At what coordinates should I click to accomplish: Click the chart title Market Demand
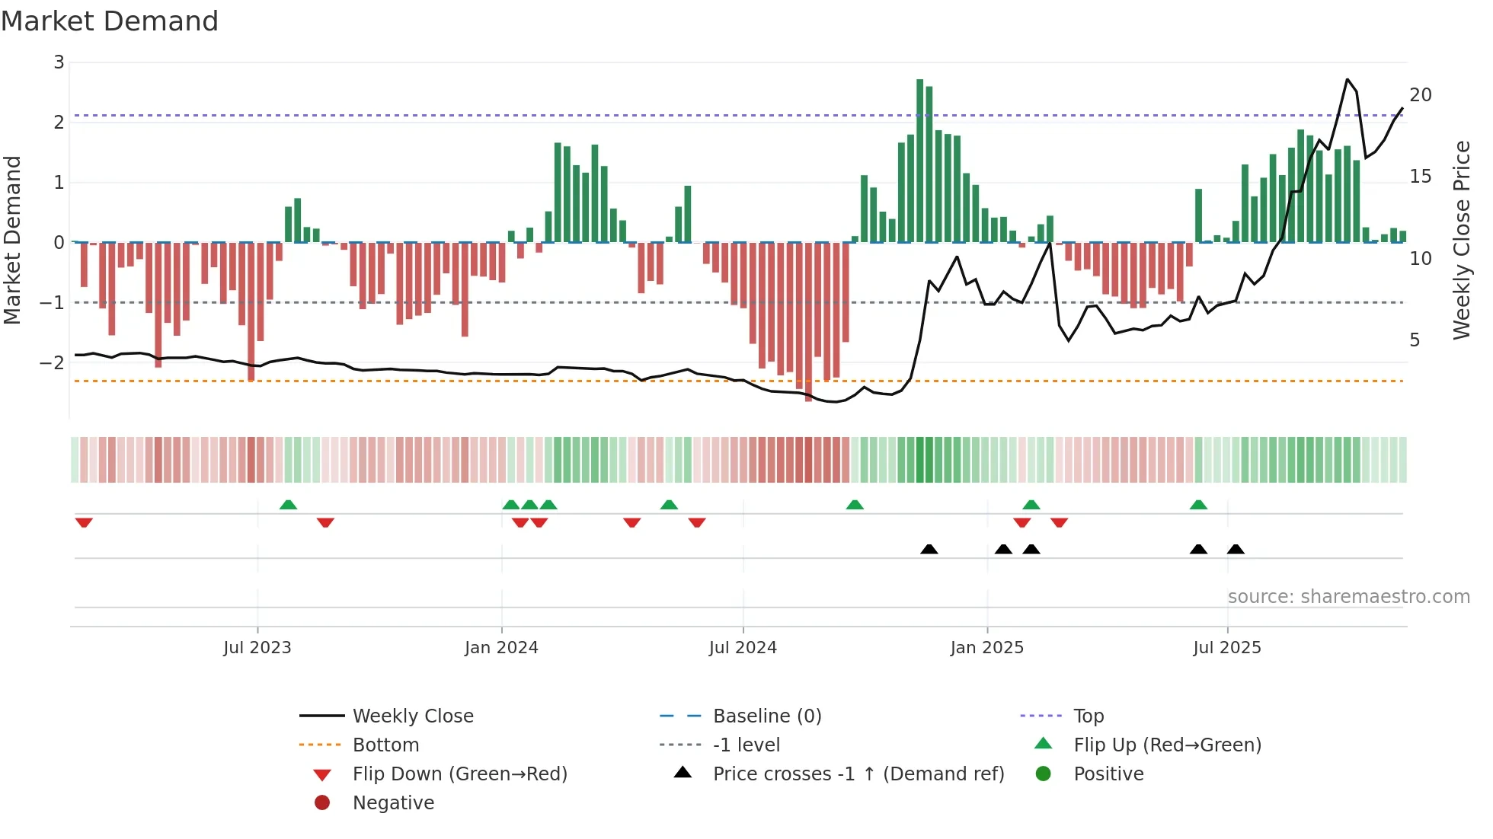tap(110, 21)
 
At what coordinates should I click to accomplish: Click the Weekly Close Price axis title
tap(1461, 240)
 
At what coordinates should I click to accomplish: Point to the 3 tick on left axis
tap(59, 62)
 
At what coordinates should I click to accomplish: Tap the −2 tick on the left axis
tap(53, 362)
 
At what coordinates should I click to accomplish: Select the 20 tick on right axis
tap(1420, 95)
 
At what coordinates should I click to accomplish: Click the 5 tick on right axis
tap(1415, 340)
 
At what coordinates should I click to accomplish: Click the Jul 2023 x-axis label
tap(257, 648)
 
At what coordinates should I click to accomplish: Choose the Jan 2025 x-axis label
tap(986, 648)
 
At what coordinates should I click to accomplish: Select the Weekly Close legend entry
tap(412, 716)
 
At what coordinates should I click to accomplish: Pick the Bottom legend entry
tap(385, 745)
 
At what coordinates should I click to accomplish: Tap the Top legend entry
tap(1088, 716)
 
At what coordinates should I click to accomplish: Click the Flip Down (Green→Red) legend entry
tap(459, 774)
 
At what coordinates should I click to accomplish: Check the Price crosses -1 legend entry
tap(858, 774)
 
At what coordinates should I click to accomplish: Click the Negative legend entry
tap(393, 803)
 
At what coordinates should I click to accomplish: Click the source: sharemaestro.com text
tap(1348, 597)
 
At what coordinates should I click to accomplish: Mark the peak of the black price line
tap(1347, 79)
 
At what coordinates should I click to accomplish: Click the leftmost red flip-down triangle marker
tap(84, 522)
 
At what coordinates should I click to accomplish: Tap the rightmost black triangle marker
tap(1236, 549)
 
